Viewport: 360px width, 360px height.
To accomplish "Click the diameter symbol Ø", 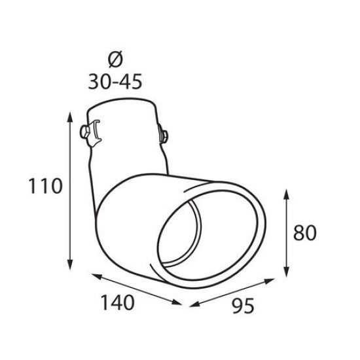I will (114, 60).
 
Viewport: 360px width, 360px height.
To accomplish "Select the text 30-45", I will (114, 81).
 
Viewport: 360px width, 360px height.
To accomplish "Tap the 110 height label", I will (45, 187).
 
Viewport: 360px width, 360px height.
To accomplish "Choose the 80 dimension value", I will (307, 234).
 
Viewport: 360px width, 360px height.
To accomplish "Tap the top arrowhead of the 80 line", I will (286, 192).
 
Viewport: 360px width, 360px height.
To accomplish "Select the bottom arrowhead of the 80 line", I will (286, 274).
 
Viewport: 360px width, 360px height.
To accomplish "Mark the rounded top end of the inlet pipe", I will (122, 103).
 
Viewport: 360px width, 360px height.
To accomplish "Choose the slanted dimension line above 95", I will (232, 293).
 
